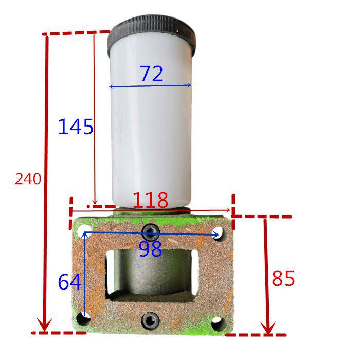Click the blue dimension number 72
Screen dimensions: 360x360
[151, 74]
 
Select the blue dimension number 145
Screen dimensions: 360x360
[76, 127]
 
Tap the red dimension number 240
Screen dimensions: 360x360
[28, 179]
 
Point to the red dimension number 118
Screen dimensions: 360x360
[151, 200]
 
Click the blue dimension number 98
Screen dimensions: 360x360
[150, 249]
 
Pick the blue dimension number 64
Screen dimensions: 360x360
[69, 282]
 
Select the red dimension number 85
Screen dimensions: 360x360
[283, 279]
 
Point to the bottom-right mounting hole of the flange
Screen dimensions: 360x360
[218, 323]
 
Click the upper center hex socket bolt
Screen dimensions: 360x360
[150, 232]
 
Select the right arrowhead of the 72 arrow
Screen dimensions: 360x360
[188, 85]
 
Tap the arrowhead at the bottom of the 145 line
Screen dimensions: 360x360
[95, 202]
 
